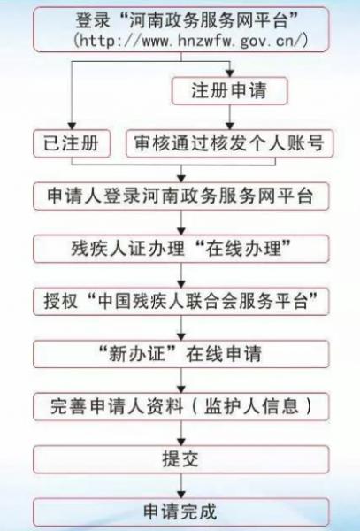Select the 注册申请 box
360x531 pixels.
pyautogui.click(x=230, y=91)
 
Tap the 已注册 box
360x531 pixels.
pyautogui.click(x=72, y=143)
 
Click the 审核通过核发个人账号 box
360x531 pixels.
pyautogui.click(x=230, y=143)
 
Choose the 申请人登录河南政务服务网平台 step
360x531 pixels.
pyautogui.click(x=181, y=196)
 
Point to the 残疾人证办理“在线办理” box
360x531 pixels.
pyautogui.click(x=181, y=249)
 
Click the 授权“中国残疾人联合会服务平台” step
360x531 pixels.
pyautogui.click(x=181, y=302)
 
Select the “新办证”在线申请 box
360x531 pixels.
pyautogui.click(x=181, y=354)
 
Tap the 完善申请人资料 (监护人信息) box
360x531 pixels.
pyautogui.click(x=181, y=406)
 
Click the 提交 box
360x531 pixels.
pyautogui.click(x=181, y=459)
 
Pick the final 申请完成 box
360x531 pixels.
pyautogui.click(x=181, y=512)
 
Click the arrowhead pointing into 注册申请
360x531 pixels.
pyautogui.click(x=230, y=73)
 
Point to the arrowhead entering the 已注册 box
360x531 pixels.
pyautogui.click(x=72, y=126)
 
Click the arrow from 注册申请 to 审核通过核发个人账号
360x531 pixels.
pyautogui.click(x=230, y=117)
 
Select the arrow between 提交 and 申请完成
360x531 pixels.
pyautogui.click(x=181, y=486)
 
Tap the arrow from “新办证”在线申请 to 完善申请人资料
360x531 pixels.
pyautogui.click(x=181, y=381)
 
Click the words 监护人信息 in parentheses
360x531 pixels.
pyautogui.click(x=251, y=406)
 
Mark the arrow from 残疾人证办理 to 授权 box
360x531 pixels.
pyautogui.click(x=181, y=275)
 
